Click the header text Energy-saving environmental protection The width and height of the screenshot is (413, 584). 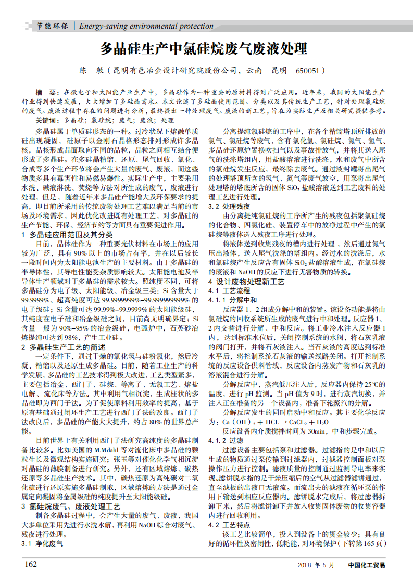(146, 26)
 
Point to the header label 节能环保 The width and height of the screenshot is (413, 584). (52, 26)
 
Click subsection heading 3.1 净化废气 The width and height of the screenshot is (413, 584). (42, 543)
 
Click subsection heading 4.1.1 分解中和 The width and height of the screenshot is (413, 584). (233, 300)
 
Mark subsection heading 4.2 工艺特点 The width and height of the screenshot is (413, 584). (229, 525)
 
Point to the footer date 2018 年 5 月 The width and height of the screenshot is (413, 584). (316, 565)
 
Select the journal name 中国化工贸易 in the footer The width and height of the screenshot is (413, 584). (367, 565)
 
